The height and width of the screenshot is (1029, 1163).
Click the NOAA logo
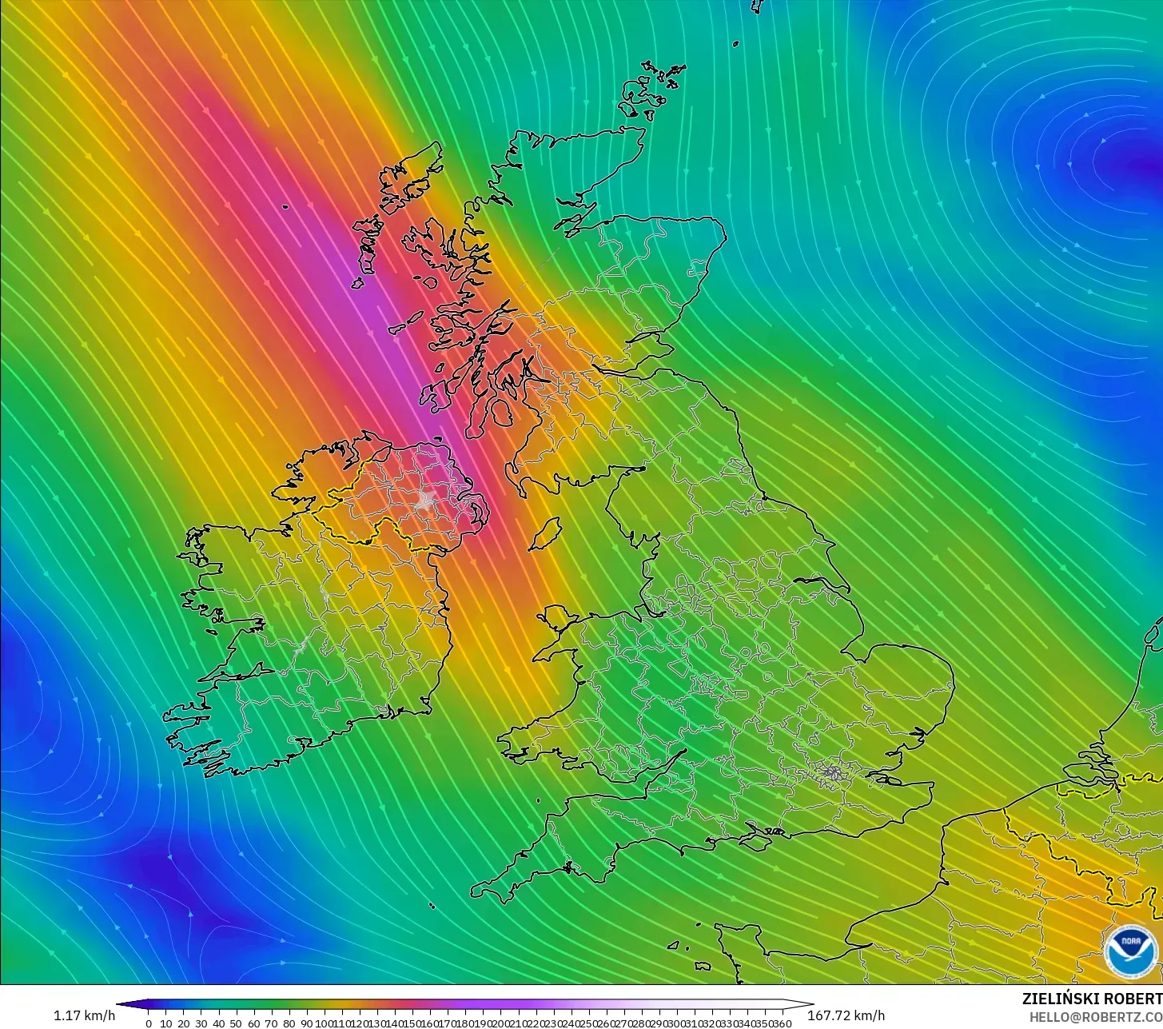click(1131, 951)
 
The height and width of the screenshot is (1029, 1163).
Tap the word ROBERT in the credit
click(1135, 999)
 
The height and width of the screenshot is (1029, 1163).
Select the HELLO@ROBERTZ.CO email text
click(1096, 1016)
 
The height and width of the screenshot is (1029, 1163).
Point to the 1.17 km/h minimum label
click(84, 1016)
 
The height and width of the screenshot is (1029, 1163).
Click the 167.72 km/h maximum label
click(846, 1016)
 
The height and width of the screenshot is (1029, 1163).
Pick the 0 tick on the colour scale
click(149, 1023)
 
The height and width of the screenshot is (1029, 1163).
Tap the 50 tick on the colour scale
click(237, 1023)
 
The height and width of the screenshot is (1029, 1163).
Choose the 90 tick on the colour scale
click(307, 1023)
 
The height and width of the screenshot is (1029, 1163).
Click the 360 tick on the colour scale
click(783, 1023)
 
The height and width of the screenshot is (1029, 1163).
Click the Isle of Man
click(545, 533)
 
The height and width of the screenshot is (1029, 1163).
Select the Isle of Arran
click(502, 413)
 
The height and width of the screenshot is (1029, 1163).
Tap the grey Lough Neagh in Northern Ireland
click(424, 501)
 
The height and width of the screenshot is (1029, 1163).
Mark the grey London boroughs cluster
click(834, 773)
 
